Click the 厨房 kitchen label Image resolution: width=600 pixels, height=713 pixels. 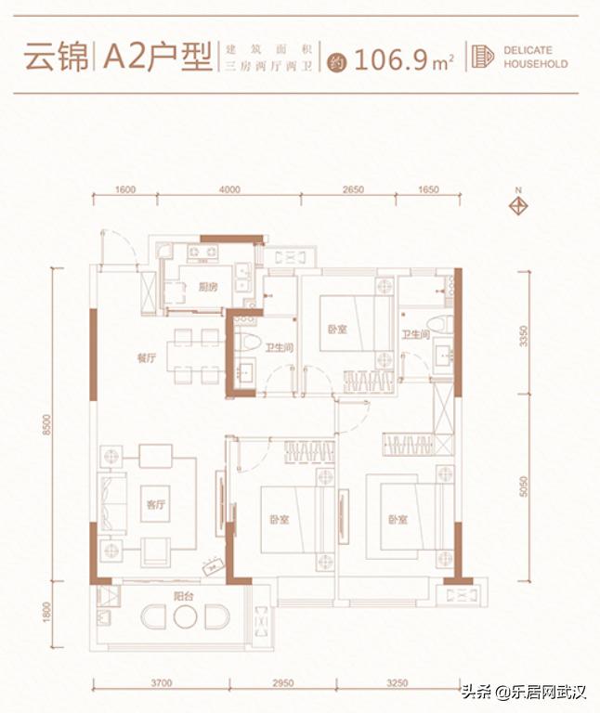(x=208, y=287)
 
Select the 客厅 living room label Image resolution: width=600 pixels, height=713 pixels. (x=155, y=505)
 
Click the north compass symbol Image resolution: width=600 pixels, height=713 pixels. (x=519, y=203)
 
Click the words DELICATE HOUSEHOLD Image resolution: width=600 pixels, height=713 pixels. (x=535, y=57)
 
